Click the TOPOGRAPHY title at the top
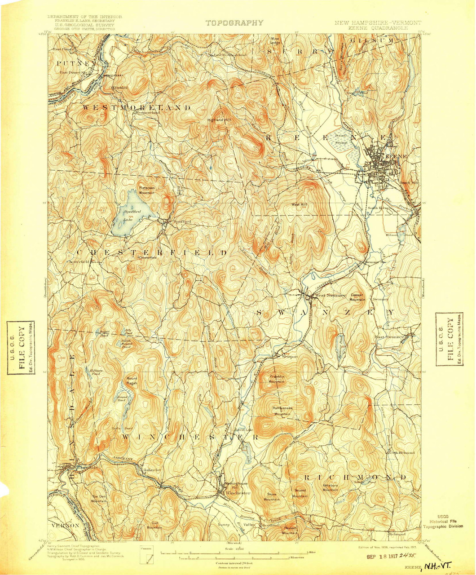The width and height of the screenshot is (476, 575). (234, 22)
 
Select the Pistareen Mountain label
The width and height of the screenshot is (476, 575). (146, 190)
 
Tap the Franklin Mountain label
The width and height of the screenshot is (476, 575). (277, 379)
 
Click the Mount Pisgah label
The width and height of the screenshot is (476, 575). (132, 381)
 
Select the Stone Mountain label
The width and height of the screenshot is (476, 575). (272, 497)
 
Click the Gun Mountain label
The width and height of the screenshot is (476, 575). (154, 525)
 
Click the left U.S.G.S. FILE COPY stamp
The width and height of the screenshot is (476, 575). (20, 348)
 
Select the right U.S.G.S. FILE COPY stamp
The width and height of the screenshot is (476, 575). (450, 340)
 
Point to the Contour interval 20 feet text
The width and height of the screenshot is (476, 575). (234, 562)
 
